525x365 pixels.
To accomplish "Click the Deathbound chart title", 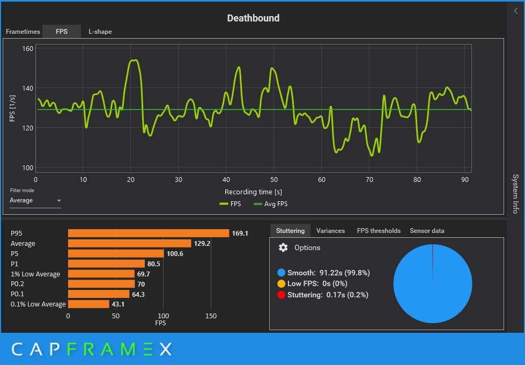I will pyautogui.click(x=253, y=18).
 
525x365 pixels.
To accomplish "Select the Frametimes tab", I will pyautogui.click(x=23, y=32).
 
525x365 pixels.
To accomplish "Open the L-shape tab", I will pyautogui.click(x=100, y=32).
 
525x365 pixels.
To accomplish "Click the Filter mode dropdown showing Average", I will pyautogui.click(x=35, y=201).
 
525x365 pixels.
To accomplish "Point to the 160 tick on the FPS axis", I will pyautogui.click(x=27, y=49).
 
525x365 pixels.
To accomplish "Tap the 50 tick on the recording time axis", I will pyautogui.click(x=273, y=180).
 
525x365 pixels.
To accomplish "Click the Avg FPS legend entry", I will pyautogui.click(x=270, y=204).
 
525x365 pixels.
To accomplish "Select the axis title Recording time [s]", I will pyautogui.click(x=253, y=192).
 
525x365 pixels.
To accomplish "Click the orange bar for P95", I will pyautogui.click(x=148, y=233).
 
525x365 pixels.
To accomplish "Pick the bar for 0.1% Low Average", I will pyautogui.click(x=88, y=304).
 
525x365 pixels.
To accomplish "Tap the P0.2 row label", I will pyautogui.click(x=19, y=284).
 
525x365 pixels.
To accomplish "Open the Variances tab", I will pyautogui.click(x=330, y=231).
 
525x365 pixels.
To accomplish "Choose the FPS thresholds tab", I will pyautogui.click(x=379, y=231).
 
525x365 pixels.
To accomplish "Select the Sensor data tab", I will pyautogui.click(x=427, y=231).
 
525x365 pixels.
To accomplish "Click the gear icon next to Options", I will pyautogui.click(x=283, y=247).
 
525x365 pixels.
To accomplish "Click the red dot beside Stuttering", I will pyautogui.click(x=282, y=295).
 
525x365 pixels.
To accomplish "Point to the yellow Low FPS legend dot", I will pyautogui.click(x=282, y=283).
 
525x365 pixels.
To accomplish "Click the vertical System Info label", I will pyautogui.click(x=515, y=193).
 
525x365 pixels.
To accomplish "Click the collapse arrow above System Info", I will pyautogui.click(x=516, y=11).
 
